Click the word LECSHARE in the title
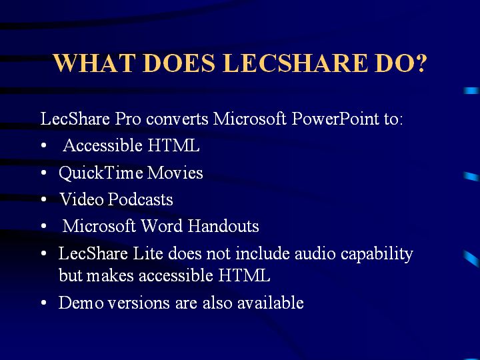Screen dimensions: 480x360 coord(295,63)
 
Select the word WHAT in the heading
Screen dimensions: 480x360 coord(94,63)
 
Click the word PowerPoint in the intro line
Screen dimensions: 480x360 coord(335,119)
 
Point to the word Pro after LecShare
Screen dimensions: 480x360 coord(128,119)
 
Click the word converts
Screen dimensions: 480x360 coord(177,119)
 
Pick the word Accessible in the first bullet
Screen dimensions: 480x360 coord(103,145)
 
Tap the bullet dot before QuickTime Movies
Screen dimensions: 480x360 coord(44,173)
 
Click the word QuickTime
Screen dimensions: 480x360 coord(101,173)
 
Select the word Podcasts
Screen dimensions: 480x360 coord(141,199)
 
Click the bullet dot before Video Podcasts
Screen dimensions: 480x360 coord(44,199)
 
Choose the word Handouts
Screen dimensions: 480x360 coord(223,226)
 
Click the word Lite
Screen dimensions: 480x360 coord(147,253)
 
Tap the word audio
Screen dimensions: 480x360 coord(315,253)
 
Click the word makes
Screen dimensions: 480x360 coord(110,275)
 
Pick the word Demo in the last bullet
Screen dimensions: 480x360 coord(81,303)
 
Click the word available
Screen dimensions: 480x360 coord(271,303)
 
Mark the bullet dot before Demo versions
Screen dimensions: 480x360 coord(44,303)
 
